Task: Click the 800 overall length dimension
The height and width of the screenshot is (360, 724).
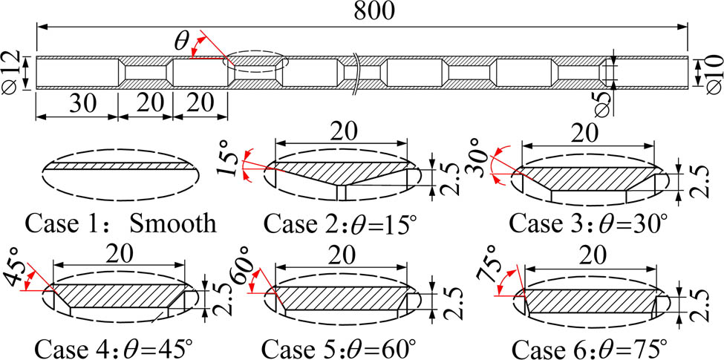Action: pyautogui.click(x=374, y=12)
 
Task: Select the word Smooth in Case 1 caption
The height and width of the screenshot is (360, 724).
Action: pyautogui.click(x=173, y=224)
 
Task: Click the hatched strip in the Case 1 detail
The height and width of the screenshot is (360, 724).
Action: pyautogui.click(x=120, y=166)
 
